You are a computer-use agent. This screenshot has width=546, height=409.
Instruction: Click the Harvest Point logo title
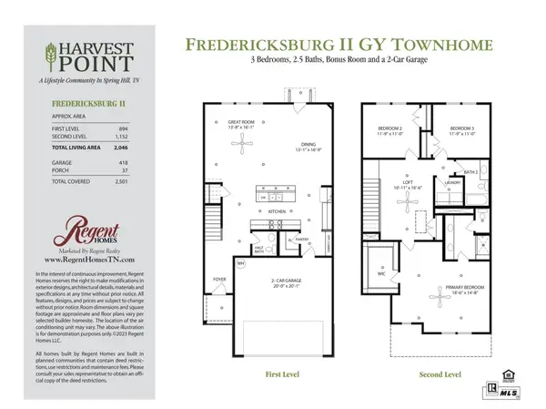click(91, 57)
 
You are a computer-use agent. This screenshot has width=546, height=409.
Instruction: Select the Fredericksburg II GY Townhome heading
click(342, 45)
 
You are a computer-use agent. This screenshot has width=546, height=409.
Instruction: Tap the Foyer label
click(219, 279)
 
